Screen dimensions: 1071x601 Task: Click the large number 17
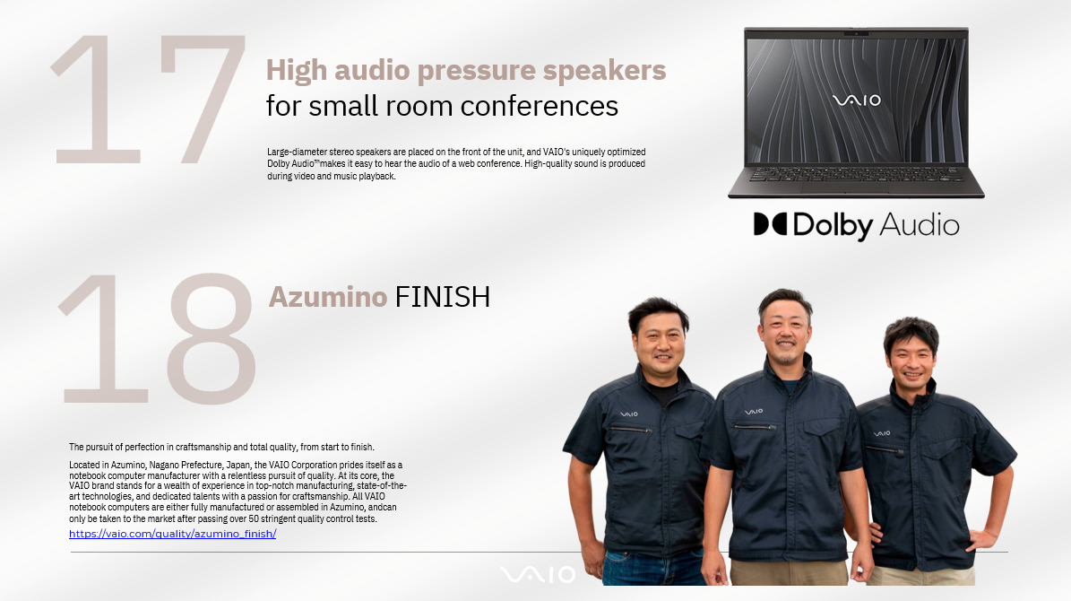148,100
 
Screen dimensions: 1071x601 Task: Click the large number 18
158,338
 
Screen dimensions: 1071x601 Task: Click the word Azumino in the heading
328,297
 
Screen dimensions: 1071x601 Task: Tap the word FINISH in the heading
443,297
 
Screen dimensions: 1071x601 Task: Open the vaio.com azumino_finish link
173,534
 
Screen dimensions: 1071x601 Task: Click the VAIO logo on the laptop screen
857,100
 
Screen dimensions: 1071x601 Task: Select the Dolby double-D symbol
770,224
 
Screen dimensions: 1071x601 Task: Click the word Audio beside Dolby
920,225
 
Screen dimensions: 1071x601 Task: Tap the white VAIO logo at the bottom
538,574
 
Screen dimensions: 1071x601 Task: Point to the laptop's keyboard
856,174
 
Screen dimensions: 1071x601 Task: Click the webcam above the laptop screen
856,33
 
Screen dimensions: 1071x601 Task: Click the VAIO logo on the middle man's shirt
754,412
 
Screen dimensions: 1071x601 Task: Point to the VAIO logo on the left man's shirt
629,414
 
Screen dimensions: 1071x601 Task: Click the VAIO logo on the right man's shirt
882,433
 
